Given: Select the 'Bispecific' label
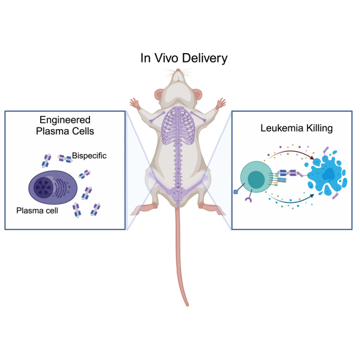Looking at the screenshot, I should point(90,156).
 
